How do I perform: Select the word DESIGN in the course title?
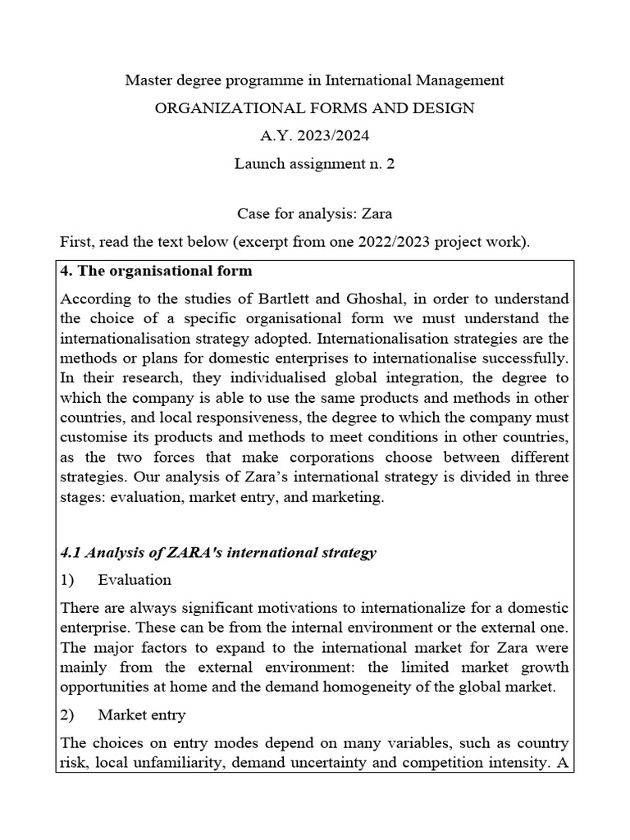click(x=445, y=108)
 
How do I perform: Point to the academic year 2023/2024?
click(x=333, y=135)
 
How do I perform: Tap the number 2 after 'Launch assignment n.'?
click(x=390, y=163)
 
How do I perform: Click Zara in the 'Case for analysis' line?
click(x=377, y=214)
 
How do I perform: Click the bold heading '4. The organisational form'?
click(x=157, y=271)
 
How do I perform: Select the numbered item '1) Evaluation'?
click(x=116, y=580)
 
